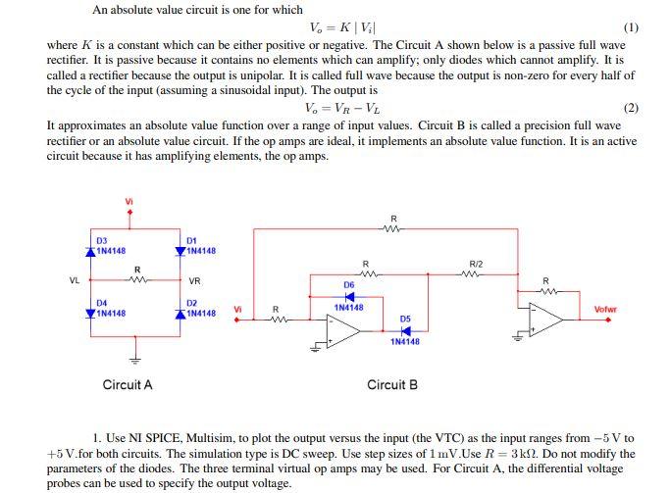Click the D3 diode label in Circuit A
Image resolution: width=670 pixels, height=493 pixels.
tap(102, 240)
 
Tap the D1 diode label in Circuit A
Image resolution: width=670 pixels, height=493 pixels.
tap(192, 240)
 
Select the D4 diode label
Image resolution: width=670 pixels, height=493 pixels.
tap(102, 303)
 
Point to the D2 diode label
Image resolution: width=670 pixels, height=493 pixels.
tap(192, 303)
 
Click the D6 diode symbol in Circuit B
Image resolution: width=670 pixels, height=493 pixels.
tap(349, 296)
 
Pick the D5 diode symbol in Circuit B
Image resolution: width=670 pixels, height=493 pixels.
tap(405, 330)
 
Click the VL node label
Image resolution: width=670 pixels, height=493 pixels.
tap(74, 280)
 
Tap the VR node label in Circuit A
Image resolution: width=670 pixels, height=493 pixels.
tap(194, 280)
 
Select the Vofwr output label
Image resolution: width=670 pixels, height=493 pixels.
tap(606, 310)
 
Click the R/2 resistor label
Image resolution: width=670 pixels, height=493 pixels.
tap(476, 265)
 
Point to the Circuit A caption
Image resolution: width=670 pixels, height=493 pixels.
tap(128, 385)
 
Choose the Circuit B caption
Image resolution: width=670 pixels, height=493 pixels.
tap(392, 385)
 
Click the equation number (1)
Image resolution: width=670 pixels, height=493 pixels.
tap(631, 27)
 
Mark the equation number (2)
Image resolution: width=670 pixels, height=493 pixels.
tap(631, 108)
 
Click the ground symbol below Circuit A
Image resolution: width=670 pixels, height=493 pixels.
tap(136, 357)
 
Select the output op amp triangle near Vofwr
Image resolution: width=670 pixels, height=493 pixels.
tap(546, 319)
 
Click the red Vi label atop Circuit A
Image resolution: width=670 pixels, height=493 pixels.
tap(129, 202)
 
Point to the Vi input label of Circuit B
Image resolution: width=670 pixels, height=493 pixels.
tap(237, 310)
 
